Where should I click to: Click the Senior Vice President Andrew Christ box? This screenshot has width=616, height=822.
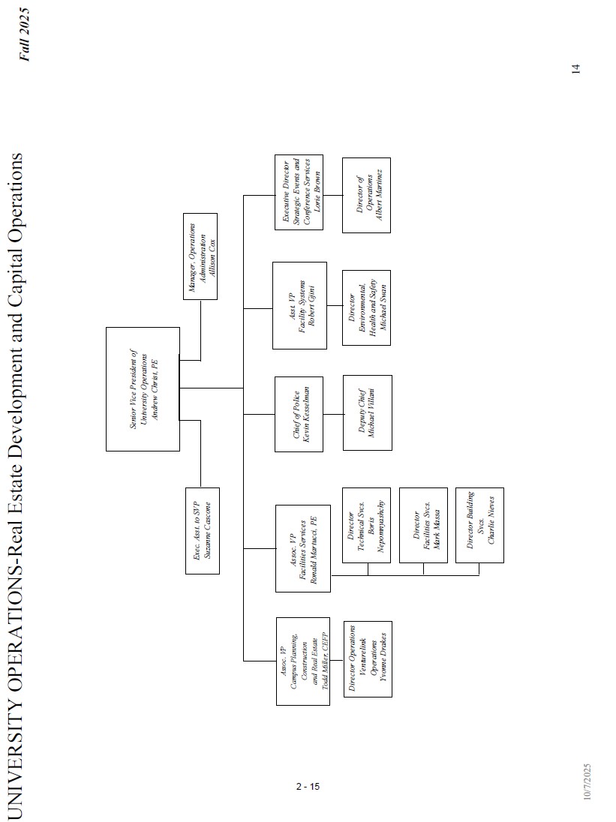(143, 388)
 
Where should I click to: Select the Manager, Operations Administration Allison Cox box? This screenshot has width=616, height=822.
(200, 256)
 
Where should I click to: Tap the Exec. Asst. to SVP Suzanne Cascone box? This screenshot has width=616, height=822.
(203, 531)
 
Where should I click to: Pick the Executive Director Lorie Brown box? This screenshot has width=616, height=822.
(298, 192)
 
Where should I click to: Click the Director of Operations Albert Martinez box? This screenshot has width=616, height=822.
(366, 195)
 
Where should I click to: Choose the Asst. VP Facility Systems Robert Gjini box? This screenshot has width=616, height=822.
(299, 305)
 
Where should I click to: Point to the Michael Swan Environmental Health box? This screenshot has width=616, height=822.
(366, 307)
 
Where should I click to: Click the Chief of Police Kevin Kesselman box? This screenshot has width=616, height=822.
(299, 413)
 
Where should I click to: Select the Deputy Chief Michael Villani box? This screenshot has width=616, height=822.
(367, 412)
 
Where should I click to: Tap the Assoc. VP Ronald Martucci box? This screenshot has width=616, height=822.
(303, 548)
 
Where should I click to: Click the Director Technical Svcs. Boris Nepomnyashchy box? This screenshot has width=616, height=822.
(367, 525)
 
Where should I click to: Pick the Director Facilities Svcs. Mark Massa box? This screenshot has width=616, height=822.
(424, 525)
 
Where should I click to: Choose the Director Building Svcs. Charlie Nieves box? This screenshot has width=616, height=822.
(479, 525)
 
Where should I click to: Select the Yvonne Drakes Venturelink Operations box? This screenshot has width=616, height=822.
(368, 659)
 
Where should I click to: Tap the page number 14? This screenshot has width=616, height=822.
(575, 68)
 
